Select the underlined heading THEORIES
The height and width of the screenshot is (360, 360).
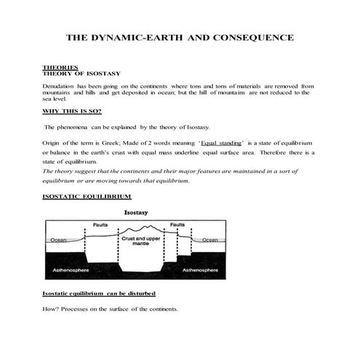click(60, 67)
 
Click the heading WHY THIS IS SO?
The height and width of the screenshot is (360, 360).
click(72, 111)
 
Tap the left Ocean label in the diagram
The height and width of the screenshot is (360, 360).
click(58, 239)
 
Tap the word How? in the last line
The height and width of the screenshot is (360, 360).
click(52, 309)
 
